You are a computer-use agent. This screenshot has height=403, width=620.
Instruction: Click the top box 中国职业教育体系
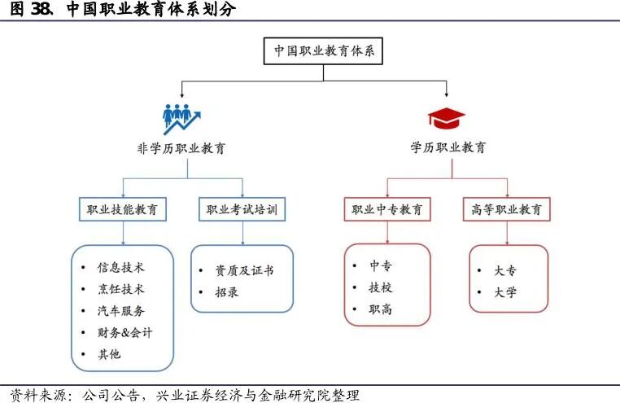(x=323, y=50)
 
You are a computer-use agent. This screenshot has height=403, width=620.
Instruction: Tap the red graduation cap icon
(x=447, y=118)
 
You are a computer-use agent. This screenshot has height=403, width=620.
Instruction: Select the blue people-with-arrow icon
(x=181, y=118)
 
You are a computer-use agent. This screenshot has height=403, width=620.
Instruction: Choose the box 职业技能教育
(x=122, y=209)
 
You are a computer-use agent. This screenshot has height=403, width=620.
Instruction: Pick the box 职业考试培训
(x=242, y=209)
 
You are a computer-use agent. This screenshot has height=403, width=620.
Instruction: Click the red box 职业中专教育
(x=386, y=209)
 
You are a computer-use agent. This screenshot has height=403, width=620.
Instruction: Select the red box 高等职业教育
(x=506, y=209)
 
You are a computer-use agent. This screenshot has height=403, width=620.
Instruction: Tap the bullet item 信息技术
(x=121, y=267)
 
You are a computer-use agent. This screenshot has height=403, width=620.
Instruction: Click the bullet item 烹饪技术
(x=121, y=289)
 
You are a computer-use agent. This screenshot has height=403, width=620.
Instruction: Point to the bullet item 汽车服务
(x=121, y=311)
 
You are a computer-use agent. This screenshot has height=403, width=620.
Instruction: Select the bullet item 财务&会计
(x=124, y=333)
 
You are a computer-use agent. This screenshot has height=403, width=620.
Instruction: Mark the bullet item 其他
(x=109, y=355)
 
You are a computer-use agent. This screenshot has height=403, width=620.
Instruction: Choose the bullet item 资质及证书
(x=244, y=270)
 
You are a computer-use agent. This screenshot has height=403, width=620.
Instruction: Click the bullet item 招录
(x=227, y=292)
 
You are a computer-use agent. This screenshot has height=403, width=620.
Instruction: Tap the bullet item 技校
(x=381, y=287)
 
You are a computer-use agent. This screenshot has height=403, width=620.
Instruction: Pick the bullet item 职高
(x=381, y=309)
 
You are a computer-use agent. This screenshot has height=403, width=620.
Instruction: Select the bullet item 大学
(x=505, y=292)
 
